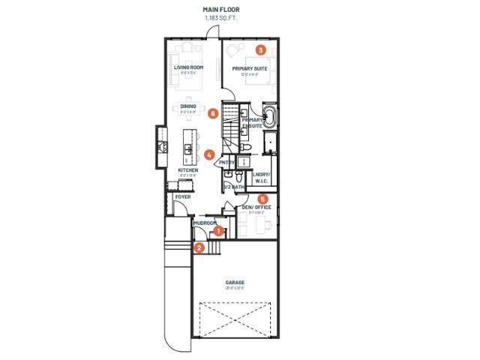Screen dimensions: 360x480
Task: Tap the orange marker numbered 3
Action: coord(260,50)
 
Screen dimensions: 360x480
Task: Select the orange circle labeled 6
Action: coord(214,114)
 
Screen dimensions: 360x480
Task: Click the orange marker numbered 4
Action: coord(208,154)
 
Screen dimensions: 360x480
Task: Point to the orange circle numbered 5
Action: coord(262,199)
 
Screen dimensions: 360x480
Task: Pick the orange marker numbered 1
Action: coord(218,232)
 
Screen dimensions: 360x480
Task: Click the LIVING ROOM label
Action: coord(189,68)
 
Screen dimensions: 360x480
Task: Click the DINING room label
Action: coord(188,106)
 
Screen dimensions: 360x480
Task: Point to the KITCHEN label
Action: coord(187,171)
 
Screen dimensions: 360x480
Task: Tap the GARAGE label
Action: coord(235,283)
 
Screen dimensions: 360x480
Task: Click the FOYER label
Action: coord(182,197)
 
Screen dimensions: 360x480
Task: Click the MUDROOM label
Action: coord(205,223)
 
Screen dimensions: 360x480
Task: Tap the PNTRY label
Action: coord(226,163)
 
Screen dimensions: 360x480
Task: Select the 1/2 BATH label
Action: coord(233,187)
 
